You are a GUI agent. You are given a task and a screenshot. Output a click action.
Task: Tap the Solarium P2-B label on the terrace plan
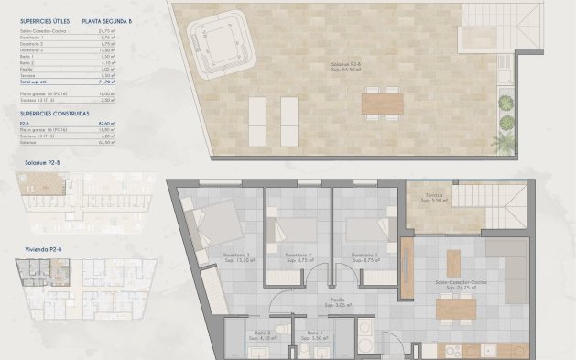click(346, 65)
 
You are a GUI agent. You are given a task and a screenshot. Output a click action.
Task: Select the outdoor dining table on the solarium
click(381, 103)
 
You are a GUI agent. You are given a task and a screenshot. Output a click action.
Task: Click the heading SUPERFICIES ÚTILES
click(43, 18)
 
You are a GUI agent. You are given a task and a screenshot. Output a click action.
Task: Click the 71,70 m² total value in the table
click(107, 82)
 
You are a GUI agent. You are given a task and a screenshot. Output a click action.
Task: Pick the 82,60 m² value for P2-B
click(105, 122)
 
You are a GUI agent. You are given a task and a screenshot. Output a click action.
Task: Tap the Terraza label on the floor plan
click(432, 198)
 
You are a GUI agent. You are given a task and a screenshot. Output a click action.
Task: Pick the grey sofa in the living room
click(505, 261)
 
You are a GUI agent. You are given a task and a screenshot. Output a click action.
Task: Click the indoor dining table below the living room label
click(455, 309)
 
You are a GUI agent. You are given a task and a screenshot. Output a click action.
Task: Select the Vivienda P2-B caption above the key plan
click(43, 248)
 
